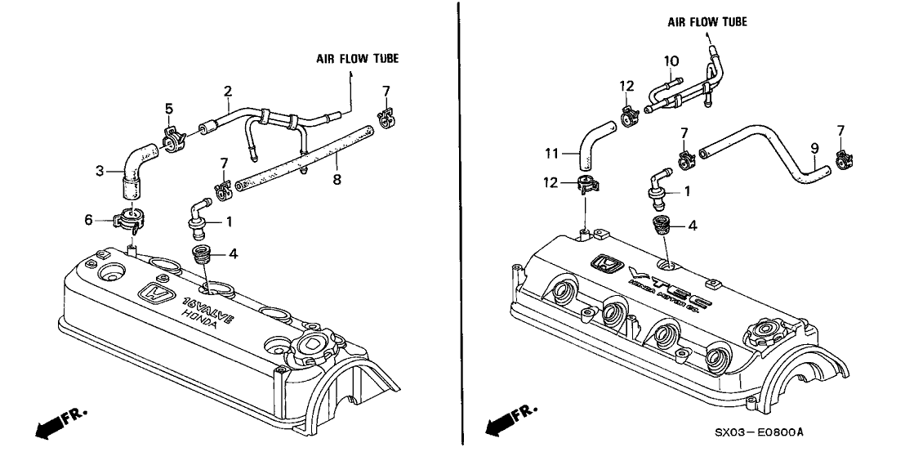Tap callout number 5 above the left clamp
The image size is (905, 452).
pyautogui.click(x=169, y=108)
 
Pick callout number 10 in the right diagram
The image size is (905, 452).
pyautogui.click(x=671, y=60)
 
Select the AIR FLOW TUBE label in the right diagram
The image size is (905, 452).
pyautogui.click(x=707, y=22)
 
